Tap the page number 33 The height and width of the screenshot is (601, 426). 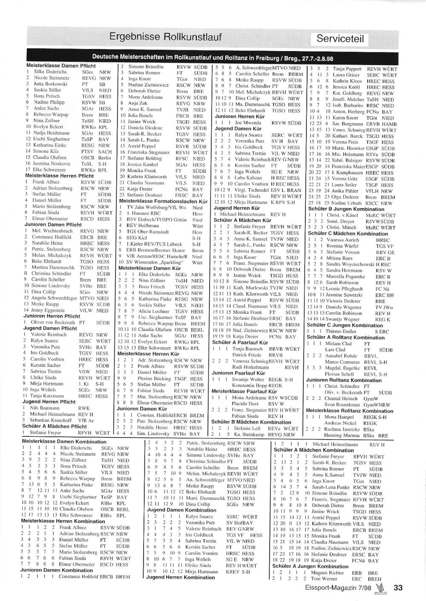(x=398, y=588)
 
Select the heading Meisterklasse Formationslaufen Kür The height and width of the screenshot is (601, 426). (x=163, y=201)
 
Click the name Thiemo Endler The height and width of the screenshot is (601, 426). (x=341, y=331)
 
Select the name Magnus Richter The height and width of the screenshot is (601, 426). (x=327, y=572)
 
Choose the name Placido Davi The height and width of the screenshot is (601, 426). (x=245, y=404)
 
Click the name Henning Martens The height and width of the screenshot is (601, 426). (x=341, y=435)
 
